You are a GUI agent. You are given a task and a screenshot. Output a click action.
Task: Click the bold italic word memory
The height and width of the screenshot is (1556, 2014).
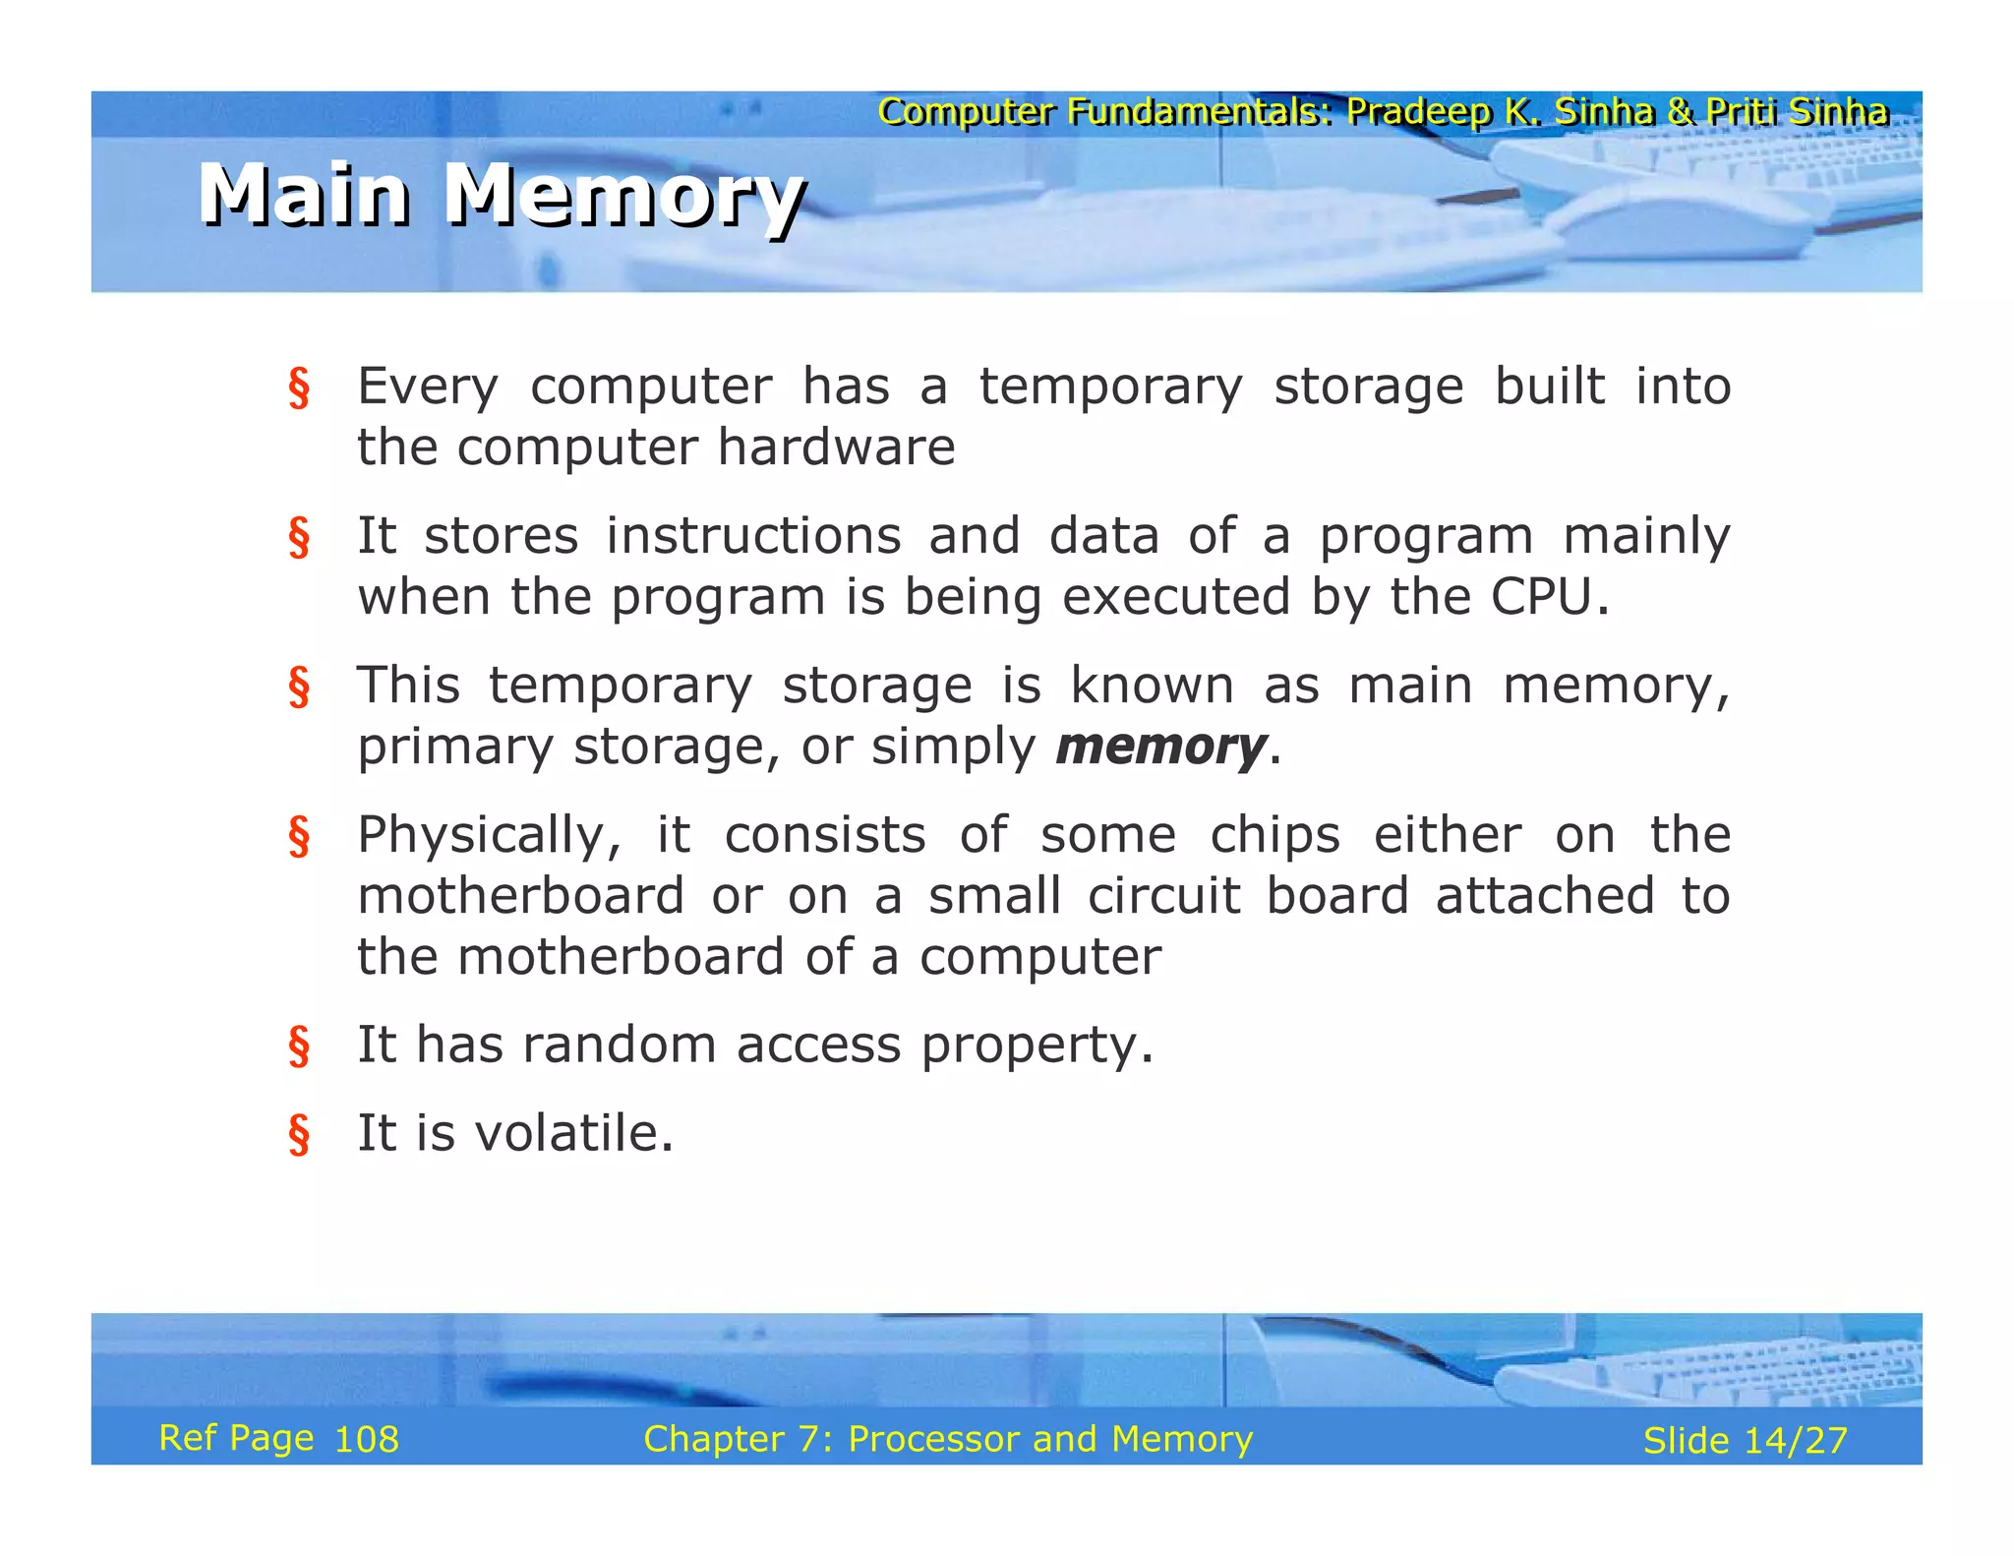[x=1160, y=747]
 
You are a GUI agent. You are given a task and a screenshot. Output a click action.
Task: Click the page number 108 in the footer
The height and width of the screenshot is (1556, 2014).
[x=366, y=1440]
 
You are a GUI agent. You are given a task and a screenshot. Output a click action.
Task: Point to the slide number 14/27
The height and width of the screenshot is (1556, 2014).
[x=1795, y=1441]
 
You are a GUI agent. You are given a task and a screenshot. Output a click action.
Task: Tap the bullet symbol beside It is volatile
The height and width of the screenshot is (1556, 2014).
[x=299, y=1135]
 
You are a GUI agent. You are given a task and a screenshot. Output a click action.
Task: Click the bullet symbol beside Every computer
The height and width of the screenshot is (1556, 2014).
[x=299, y=388]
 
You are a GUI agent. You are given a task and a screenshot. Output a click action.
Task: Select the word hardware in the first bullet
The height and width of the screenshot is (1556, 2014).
[x=836, y=448]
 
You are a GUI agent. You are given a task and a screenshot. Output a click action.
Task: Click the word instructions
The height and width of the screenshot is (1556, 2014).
[x=752, y=537]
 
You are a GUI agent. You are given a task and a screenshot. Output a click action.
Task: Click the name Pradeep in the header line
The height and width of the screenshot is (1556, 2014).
[x=1419, y=111]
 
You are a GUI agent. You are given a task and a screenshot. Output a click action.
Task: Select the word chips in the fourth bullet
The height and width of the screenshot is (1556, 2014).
[x=1274, y=836]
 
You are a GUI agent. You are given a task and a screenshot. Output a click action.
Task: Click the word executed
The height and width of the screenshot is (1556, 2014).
[x=1175, y=597]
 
